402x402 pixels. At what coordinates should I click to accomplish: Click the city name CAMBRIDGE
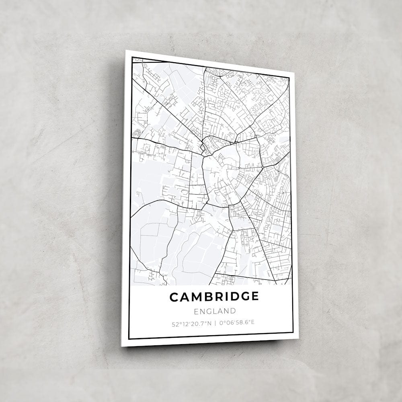[x=214, y=297]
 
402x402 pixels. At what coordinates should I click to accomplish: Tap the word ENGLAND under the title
[x=215, y=311]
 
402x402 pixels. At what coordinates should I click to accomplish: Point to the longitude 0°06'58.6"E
[x=238, y=322]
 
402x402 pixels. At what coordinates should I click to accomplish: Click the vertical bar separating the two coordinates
[x=215, y=322]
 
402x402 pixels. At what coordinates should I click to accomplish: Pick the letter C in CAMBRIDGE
[x=174, y=297]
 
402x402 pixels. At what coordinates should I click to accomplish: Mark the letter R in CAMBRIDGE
[x=218, y=297]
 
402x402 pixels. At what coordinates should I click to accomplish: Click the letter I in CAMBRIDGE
[x=226, y=297]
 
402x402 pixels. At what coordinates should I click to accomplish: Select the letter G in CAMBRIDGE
[x=244, y=297]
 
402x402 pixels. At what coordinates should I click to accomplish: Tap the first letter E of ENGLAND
[x=196, y=311]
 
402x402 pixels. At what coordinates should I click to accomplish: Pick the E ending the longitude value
[x=253, y=322]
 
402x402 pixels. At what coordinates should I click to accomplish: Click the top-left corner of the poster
[x=126, y=51]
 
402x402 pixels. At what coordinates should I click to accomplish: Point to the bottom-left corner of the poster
[x=122, y=346]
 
